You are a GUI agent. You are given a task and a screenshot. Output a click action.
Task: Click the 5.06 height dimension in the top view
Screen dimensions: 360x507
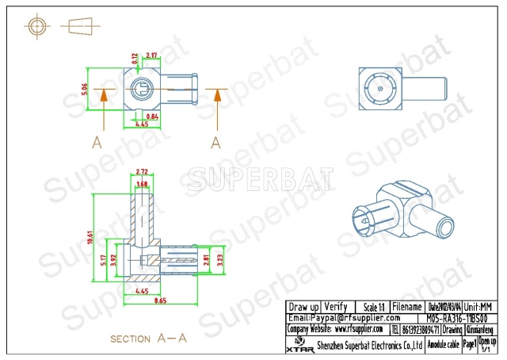(86, 90)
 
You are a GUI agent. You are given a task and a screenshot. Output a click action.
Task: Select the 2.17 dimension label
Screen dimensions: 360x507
(151, 56)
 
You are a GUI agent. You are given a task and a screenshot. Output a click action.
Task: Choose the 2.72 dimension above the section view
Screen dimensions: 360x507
(143, 172)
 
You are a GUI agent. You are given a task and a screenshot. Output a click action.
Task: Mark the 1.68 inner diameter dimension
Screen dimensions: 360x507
(143, 185)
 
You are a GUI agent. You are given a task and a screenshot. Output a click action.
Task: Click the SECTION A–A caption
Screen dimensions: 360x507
(148, 339)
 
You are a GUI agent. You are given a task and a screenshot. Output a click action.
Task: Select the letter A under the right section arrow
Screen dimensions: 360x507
(215, 142)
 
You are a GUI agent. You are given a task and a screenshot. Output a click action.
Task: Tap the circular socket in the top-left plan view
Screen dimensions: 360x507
(139, 88)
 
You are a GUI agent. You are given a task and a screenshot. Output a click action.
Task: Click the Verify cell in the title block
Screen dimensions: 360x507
(336, 307)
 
